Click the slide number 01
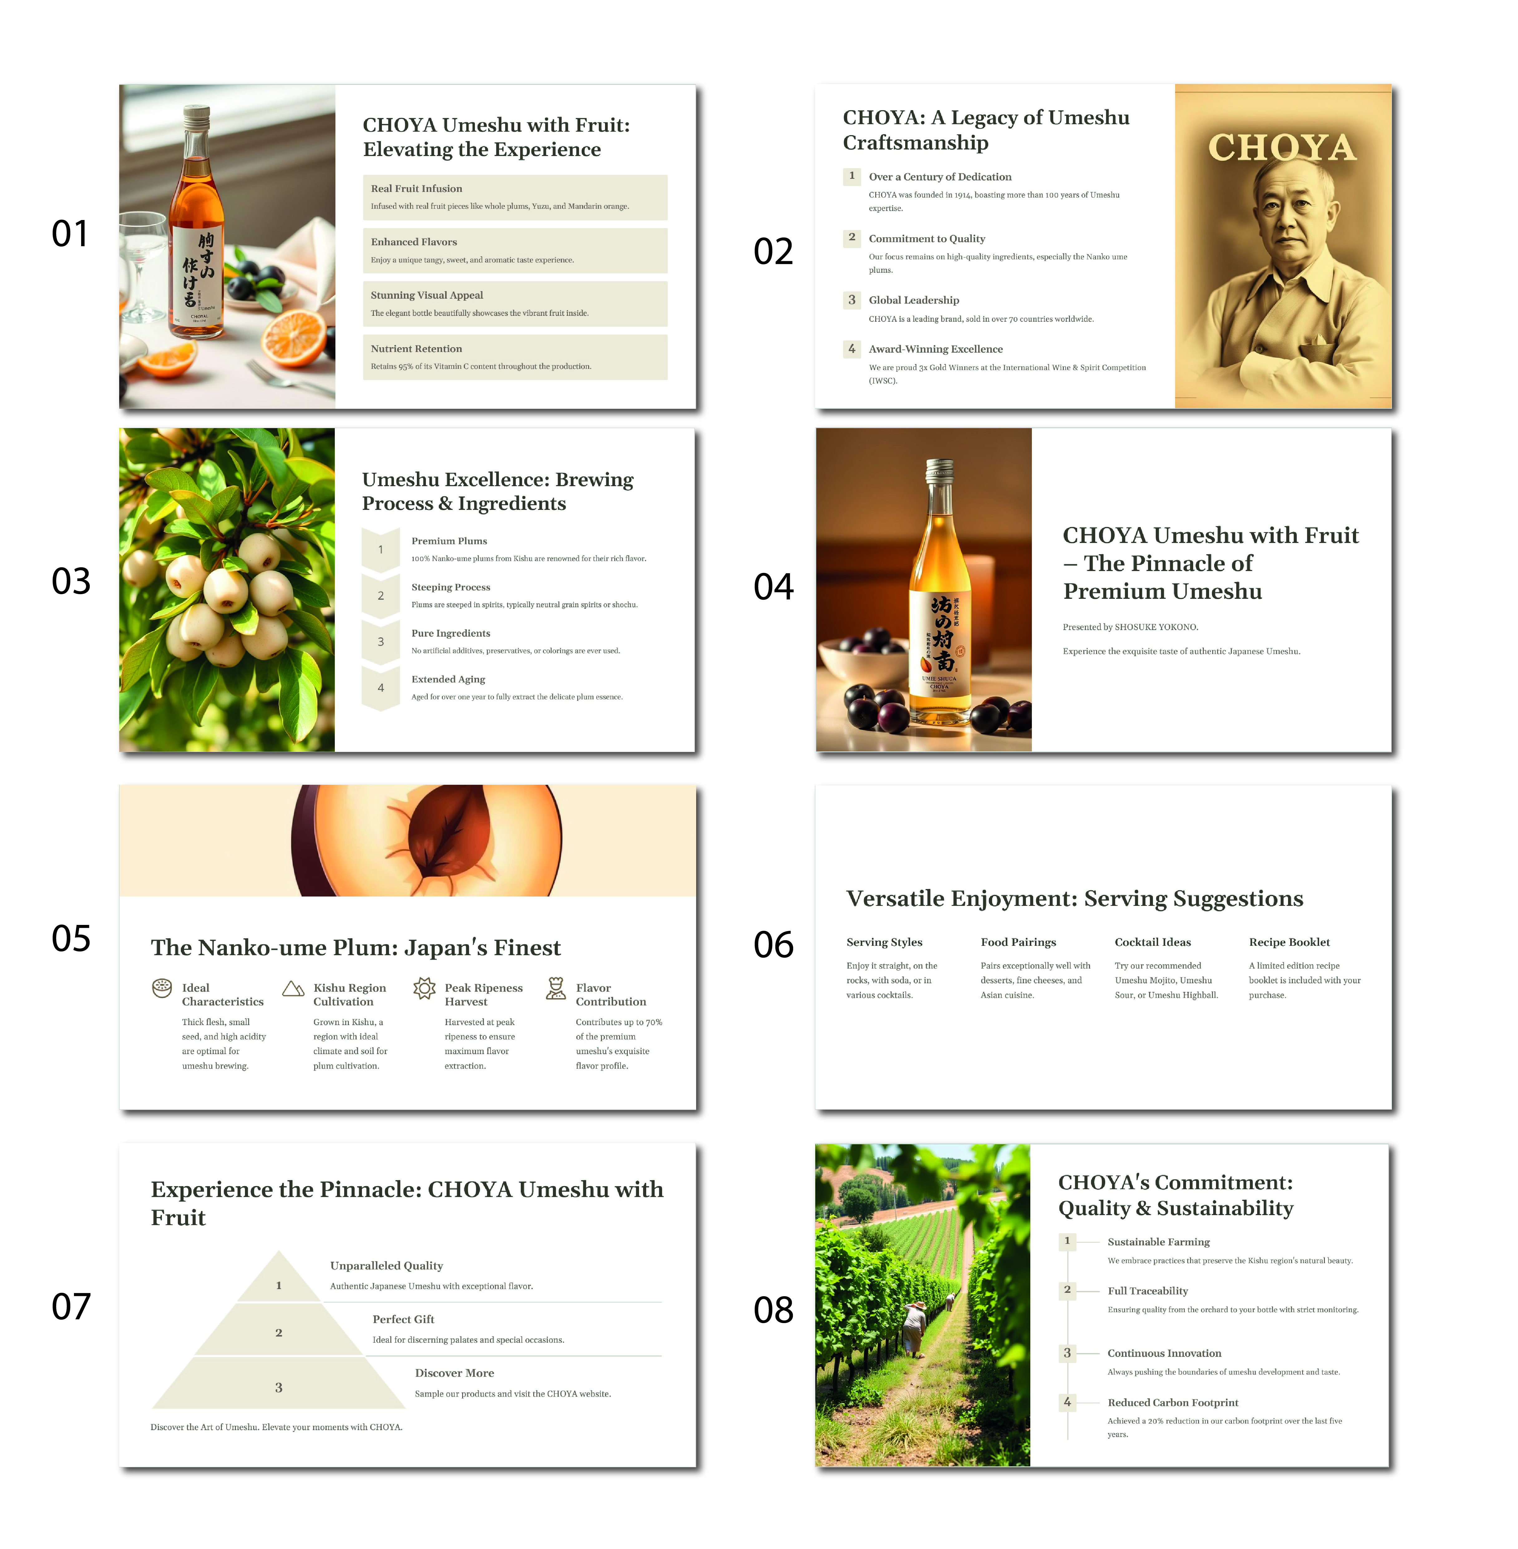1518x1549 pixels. point(70,234)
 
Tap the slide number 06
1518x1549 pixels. point(773,945)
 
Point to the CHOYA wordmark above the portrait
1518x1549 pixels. point(1282,148)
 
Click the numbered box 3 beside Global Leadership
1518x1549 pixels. point(852,300)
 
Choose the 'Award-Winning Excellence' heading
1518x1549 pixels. point(935,349)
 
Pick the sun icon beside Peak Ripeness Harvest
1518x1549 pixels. point(424,989)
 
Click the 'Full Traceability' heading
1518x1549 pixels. point(1147,1291)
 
